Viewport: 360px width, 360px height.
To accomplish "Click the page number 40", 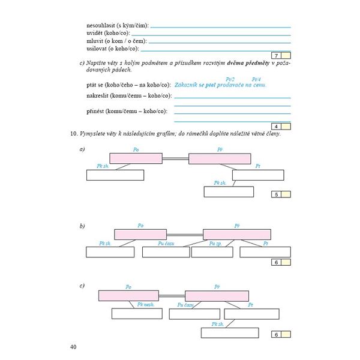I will [73, 346].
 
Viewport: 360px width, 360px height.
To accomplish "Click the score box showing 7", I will [277, 56].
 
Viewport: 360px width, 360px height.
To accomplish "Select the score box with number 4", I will [277, 127].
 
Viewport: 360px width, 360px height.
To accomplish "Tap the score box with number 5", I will [277, 194].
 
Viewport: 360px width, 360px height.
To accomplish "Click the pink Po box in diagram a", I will [136, 158].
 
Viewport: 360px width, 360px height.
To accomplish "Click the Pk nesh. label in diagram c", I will [146, 304].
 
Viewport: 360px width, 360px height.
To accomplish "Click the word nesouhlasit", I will [103, 26].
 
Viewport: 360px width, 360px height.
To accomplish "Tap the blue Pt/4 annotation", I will [256, 79].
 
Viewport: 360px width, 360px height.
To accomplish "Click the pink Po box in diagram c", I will [127, 295].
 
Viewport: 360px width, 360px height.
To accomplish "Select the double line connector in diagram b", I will [184, 234].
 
